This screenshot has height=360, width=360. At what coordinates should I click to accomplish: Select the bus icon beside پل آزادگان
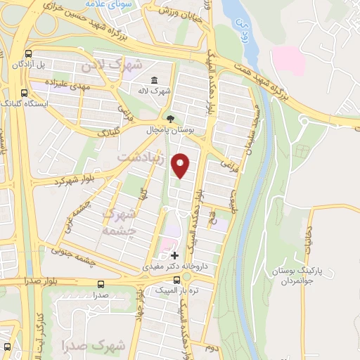[28, 53]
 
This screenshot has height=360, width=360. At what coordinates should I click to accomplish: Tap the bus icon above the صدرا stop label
[101, 285]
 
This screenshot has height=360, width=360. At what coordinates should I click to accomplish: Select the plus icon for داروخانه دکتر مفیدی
[174, 255]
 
